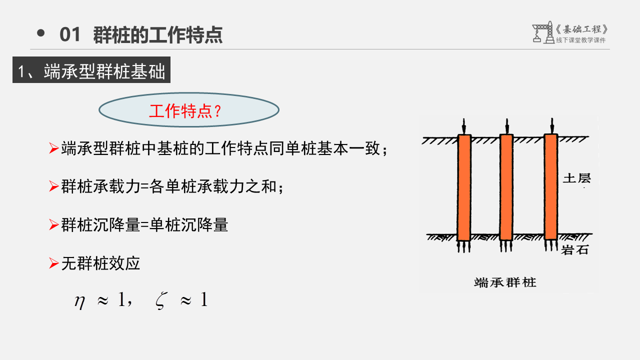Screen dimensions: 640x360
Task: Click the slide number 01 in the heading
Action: [69, 35]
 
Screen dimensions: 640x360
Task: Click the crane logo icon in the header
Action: [541, 32]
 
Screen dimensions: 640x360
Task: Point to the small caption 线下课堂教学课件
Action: [580, 40]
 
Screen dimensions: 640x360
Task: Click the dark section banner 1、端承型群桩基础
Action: [91, 71]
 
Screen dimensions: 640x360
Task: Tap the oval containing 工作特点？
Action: [189, 110]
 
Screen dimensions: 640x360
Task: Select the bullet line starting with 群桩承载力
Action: [172, 187]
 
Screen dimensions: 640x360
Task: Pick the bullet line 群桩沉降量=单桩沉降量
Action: [144, 225]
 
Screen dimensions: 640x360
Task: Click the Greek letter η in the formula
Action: [79, 301]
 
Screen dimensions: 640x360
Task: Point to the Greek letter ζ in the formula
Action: [160, 301]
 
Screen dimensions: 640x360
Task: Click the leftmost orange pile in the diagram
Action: [464, 187]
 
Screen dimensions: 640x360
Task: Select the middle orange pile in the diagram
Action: [506, 187]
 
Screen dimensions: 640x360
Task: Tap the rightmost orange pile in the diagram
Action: [550, 186]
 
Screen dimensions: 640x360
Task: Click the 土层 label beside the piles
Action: [576, 178]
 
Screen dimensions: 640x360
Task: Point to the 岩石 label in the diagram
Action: [575, 250]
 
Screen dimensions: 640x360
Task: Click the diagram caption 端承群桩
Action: [505, 282]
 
